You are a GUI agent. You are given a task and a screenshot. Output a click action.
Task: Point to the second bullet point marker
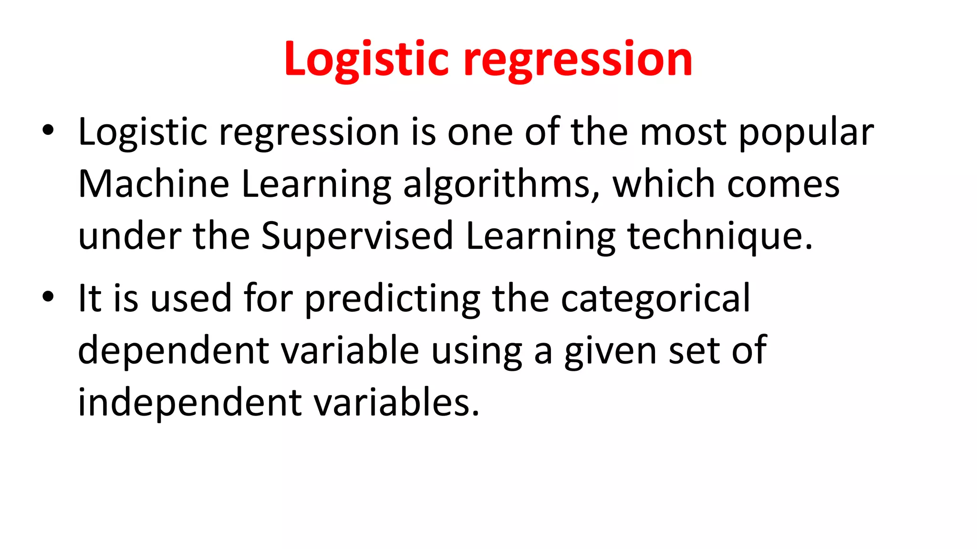tap(48, 296)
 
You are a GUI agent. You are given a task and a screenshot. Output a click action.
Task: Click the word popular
tap(806, 132)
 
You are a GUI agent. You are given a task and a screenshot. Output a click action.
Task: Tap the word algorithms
tap(501, 185)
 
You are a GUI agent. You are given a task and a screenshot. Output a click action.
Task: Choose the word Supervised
tap(357, 236)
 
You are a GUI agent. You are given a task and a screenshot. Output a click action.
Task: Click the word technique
tap(720, 236)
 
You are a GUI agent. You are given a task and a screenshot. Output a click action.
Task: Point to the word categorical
tap(655, 299)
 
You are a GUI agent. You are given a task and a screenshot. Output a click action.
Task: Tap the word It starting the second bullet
tap(90, 298)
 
